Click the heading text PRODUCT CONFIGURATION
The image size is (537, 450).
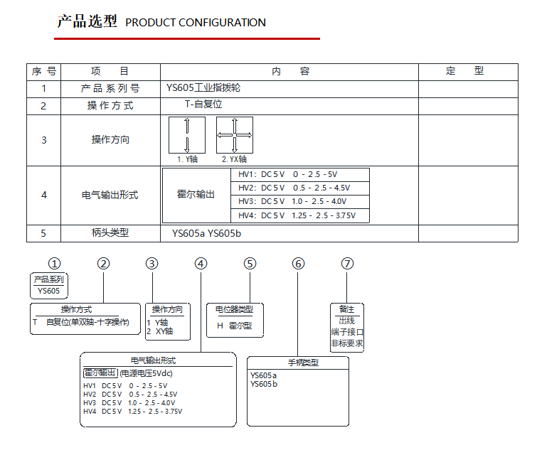[x=195, y=23]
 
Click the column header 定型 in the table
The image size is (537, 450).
[x=464, y=71]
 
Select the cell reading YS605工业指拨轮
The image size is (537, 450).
[x=203, y=88]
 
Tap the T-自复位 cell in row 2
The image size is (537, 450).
[x=203, y=104]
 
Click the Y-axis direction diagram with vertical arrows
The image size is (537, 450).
[x=187, y=135]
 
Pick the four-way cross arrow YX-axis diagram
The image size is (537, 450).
[x=235, y=135]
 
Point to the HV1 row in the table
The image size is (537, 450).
[x=287, y=174]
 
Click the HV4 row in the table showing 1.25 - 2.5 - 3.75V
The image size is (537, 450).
[x=297, y=215]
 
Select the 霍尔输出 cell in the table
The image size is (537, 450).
[x=196, y=194]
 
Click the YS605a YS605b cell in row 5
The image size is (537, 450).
[x=206, y=233]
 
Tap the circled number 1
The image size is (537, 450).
[x=54, y=264]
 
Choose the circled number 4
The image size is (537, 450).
[x=201, y=264]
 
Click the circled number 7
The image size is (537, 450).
[x=347, y=264]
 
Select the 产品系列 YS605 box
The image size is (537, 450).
[x=48, y=286]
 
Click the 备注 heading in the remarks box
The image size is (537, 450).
[x=346, y=309]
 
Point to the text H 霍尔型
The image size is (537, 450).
[x=235, y=326]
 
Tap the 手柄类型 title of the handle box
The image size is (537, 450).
[x=303, y=363]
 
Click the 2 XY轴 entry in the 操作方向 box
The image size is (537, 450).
[x=160, y=331]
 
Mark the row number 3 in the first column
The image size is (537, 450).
[x=44, y=140]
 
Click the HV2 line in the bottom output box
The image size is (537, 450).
[x=130, y=395]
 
